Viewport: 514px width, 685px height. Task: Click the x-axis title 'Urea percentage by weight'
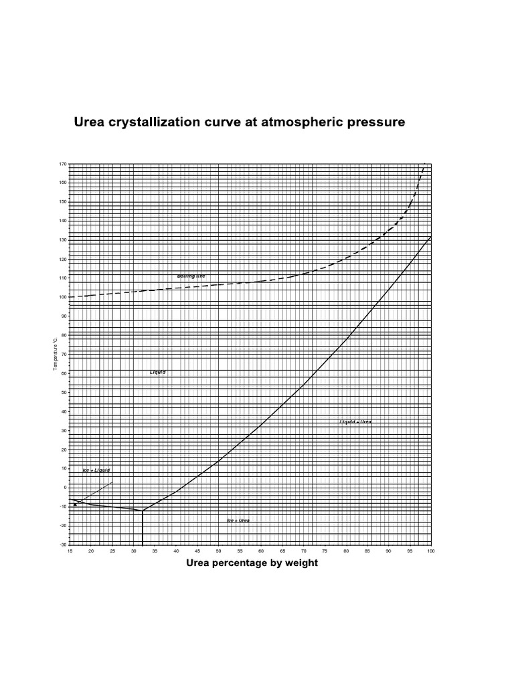pyautogui.click(x=252, y=563)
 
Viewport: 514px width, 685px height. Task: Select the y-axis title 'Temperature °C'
pyautogui.click(x=56, y=354)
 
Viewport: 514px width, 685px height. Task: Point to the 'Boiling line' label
pyautogui.click(x=191, y=276)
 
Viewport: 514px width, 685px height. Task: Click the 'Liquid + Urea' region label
pyautogui.click(x=355, y=422)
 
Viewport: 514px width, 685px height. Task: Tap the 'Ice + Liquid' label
pyautogui.click(x=96, y=470)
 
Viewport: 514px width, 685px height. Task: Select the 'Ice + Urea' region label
pyautogui.click(x=239, y=520)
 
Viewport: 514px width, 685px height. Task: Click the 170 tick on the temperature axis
pyautogui.click(x=63, y=163)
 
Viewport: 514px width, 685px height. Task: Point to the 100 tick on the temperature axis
pyautogui.click(x=63, y=296)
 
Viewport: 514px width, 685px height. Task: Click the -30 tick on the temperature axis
pyautogui.click(x=63, y=545)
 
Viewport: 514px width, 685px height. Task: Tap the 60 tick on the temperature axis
pyautogui.click(x=64, y=373)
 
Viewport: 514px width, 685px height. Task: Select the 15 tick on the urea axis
pyautogui.click(x=70, y=551)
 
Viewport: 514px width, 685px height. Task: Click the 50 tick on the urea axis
pyautogui.click(x=219, y=551)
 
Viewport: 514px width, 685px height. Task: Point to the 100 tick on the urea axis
pyautogui.click(x=430, y=551)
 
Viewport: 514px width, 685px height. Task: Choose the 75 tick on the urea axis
pyautogui.click(x=325, y=551)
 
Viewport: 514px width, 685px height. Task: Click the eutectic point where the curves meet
pyautogui.click(x=143, y=510)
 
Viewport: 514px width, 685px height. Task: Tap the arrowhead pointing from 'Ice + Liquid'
pyautogui.click(x=75, y=504)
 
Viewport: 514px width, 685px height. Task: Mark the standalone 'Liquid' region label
pyautogui.click(x=158, y=372)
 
